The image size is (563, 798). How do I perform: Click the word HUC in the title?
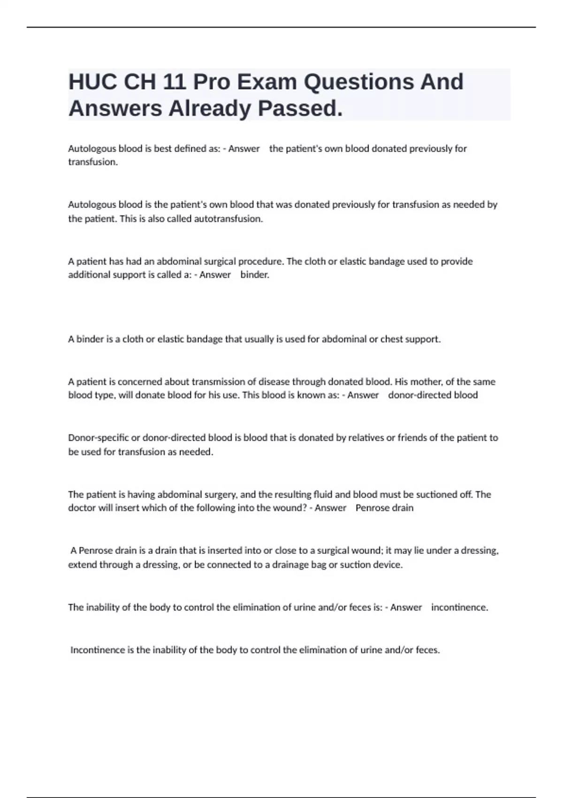click(92, 82)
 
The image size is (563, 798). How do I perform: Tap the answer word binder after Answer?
click(255, 275)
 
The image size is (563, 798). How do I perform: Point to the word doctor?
click(82, 508)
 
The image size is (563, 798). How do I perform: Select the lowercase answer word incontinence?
click(459, 607)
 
